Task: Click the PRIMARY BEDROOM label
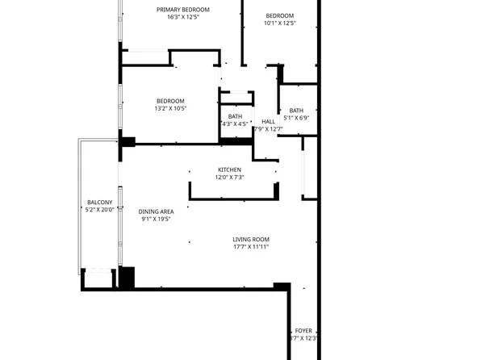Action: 183,10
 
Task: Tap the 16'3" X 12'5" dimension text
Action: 183,17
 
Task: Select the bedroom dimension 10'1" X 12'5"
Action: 280,23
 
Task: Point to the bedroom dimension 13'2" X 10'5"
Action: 170,108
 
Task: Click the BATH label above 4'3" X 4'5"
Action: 235,117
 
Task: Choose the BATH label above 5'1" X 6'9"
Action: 296,111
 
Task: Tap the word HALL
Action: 268,122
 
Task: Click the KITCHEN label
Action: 229,170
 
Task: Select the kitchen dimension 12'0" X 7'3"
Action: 229,177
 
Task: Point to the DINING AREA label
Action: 157,211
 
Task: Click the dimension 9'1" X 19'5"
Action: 157,219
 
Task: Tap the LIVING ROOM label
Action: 251,239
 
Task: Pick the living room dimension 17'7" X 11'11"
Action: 251,246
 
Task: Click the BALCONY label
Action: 99,202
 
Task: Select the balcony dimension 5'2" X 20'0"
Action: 99,209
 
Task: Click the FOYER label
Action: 303,331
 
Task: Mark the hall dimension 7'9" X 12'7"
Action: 268,129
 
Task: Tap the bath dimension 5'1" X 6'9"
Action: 296,118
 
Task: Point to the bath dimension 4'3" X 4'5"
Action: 235,124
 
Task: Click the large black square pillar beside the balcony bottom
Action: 127,277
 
